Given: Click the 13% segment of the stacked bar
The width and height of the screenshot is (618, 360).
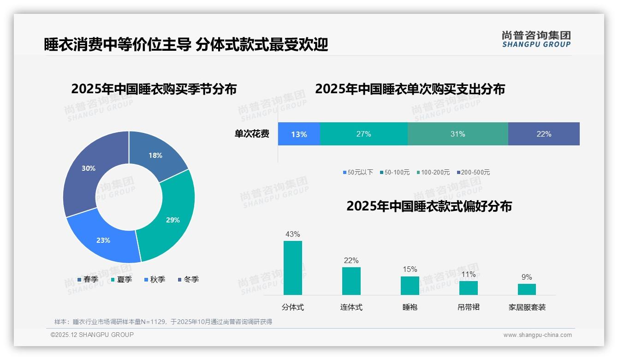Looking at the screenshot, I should [299, 134].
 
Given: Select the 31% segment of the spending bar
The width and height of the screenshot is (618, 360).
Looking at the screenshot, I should [458, 134].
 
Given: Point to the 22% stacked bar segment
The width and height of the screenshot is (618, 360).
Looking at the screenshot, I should [544, 134].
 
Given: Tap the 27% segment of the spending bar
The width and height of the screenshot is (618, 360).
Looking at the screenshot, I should [363, 134].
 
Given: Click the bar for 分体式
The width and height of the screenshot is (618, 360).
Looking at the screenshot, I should [293, 268].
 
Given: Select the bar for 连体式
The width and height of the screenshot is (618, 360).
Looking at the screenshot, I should [351, 281].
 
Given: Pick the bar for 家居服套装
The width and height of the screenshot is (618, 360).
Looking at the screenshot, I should [527, 289].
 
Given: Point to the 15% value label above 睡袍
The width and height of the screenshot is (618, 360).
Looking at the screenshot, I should [410, 270].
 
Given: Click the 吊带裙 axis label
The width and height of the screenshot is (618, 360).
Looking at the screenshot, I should [468, 307].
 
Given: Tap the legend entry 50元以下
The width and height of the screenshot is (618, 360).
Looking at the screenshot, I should [358, 173].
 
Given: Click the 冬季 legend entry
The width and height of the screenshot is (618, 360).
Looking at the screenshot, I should [188, 280].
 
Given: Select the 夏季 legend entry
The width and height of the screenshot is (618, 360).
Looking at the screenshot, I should [121, 280].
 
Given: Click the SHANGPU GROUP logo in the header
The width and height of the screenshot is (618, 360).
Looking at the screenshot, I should [536, 39].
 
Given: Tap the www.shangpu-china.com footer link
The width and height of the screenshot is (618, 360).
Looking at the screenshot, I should [537, 335].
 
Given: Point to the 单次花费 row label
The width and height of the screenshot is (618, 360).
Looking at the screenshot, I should [252, 134].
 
